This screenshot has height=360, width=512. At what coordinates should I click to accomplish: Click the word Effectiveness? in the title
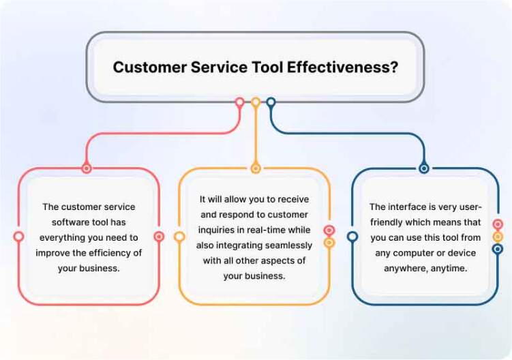click(x=342, y=67)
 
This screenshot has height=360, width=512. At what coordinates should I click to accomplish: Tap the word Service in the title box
click(x=219, y=67)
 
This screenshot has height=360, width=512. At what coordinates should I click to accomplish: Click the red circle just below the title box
click(x=240, y=102)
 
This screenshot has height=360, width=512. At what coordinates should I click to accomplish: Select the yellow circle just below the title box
click(x=256, y=102)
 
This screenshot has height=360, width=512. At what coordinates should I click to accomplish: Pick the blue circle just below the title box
click(x=271, y=102)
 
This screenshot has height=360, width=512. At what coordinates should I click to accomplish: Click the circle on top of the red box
click(x=86, y=168)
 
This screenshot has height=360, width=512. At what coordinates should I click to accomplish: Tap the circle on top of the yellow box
click(x=256, y=168)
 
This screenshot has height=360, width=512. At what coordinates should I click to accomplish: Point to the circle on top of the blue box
click(x=424, y=168)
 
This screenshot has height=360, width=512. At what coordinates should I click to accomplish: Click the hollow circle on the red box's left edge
click(x=19, y=236)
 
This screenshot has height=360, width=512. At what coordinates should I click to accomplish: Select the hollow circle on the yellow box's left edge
click(x=179, y=236)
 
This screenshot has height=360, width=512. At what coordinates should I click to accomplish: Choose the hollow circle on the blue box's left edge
click(x=352, y=236)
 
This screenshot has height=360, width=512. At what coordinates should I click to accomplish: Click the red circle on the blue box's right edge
click(x=497, y=224)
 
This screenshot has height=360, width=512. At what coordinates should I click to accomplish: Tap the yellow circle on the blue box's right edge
click(x=497, y=237)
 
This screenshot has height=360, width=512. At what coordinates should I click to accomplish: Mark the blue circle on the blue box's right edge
click(x=497, y=250)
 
